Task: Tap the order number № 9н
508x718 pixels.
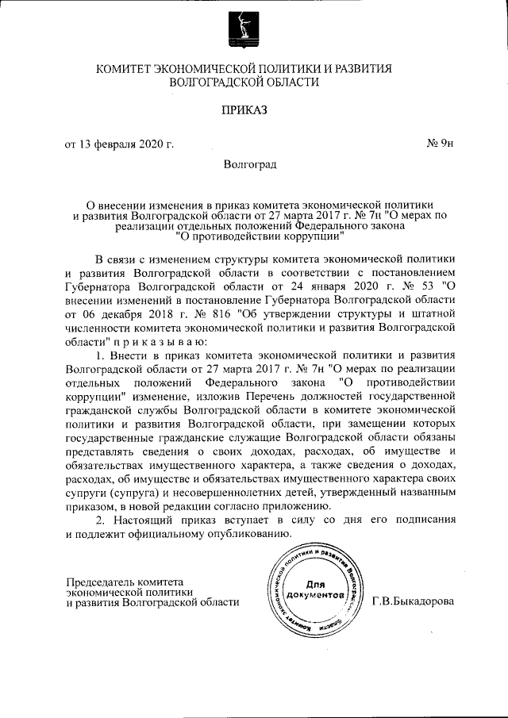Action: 440,144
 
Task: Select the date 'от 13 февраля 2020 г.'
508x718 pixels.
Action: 119,144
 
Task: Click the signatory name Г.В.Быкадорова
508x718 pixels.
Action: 413,601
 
